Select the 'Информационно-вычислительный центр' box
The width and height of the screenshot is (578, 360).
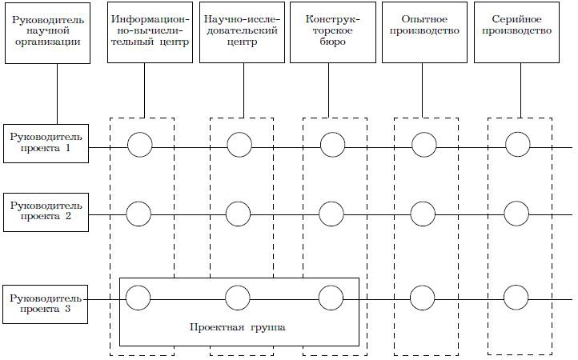tap(151, 32)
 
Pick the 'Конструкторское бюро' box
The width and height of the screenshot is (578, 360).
tap(333, 32)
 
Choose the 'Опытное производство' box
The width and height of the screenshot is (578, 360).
tap(425, 32)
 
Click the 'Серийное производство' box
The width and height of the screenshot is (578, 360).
tap(517, 32)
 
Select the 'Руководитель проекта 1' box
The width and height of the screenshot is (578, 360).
tap(46, 144)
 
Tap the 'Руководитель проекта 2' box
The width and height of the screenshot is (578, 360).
tap(46, 212)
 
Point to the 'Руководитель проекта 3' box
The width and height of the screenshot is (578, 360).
tap(46, 305)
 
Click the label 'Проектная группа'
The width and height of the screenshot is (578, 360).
tap(238, 328)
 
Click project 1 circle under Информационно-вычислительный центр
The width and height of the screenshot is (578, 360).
tap(139, 145)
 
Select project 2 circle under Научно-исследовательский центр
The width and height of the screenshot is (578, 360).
tap(238, 214)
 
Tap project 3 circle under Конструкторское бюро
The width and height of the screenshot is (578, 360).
tap(331, 297)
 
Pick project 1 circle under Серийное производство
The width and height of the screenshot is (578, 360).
tap(517, 145)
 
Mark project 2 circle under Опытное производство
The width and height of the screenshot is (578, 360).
tap(423, 214)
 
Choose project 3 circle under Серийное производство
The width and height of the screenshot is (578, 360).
tap(516, 298)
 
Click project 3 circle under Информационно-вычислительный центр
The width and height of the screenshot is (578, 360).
tap(138, 297)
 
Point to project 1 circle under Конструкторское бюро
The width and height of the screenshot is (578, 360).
tap(332, 145)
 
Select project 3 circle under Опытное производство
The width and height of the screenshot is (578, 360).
tap(423, 298)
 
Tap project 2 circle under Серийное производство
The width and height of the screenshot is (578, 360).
tap(516, 214)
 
